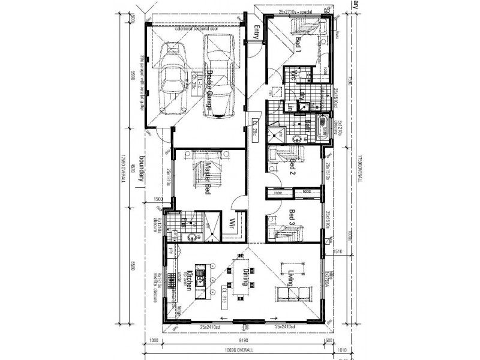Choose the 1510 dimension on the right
click(x=336, y=253)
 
